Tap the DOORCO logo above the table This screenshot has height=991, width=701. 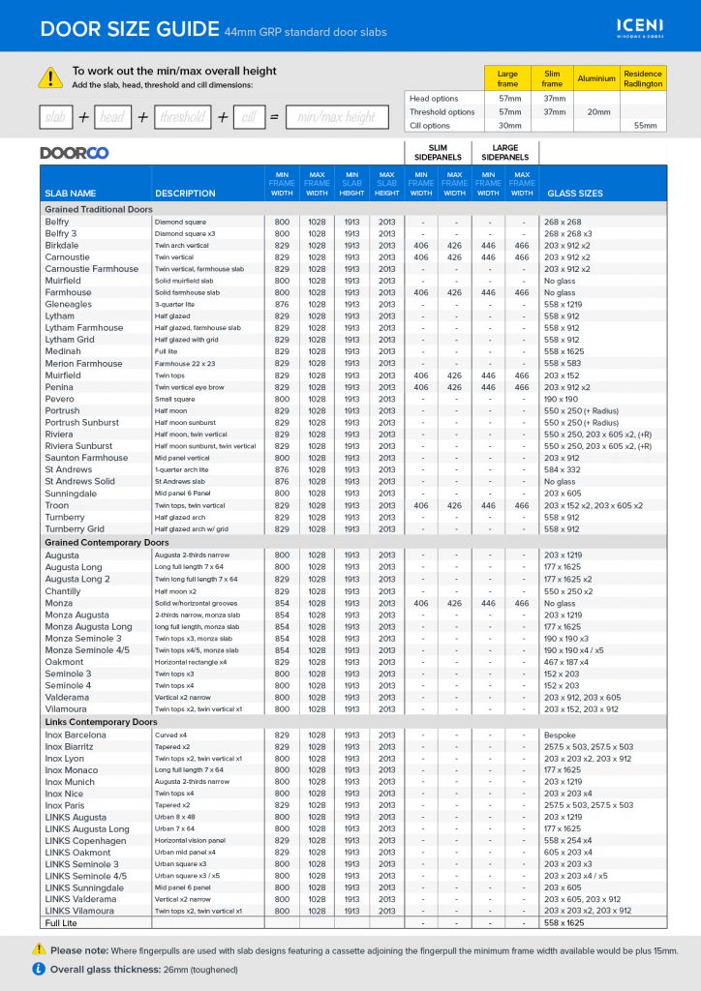tap(74, 153)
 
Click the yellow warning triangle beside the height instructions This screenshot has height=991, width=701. tap(49, 77)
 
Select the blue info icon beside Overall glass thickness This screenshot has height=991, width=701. tap(39, 968)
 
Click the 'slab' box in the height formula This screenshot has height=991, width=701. tap(55, 117)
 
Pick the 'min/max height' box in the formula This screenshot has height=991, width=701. tap(336, 117)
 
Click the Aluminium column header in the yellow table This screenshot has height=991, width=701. tap(596, 78)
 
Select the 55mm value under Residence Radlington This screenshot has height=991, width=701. tap(644, 126)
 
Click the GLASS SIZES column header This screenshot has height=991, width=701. tap(575, 194)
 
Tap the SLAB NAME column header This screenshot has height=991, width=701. tap(71, 194)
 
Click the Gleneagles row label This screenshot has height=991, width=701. tap(69, 304)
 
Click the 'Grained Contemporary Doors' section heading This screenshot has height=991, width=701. tap(107, 543)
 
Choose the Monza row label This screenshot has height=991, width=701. tap(59, 603)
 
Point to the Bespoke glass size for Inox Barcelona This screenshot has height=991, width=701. tap(561, 735)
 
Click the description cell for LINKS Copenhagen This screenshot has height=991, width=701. tap(190, 841)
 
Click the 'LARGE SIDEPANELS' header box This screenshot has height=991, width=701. tap(504, 152)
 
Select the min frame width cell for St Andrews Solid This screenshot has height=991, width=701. tap(282, 481)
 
